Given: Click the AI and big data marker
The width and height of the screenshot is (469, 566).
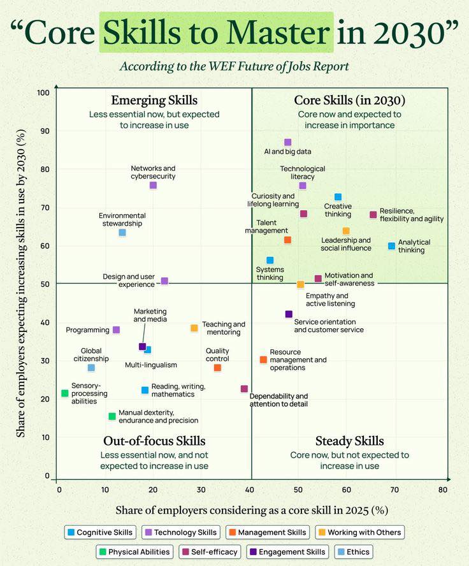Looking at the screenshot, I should (287, 142).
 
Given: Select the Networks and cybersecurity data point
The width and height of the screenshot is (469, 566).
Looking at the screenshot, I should (153, 185).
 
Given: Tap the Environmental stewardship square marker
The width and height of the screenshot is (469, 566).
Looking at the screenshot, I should (122, 233).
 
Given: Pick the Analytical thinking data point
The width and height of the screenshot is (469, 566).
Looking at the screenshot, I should (391, 246).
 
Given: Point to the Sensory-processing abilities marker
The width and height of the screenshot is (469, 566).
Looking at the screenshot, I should (64, 393).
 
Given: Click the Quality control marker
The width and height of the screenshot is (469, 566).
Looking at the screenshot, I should (217, 368).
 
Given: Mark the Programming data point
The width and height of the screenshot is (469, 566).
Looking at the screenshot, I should (116, 330).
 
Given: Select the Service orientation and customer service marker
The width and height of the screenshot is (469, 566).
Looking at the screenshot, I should (289, 314).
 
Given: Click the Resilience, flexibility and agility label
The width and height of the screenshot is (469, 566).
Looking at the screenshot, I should (411, 215).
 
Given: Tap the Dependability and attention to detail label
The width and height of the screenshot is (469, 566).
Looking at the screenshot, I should (278, 400).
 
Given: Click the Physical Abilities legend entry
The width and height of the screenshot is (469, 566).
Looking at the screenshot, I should (133, 552).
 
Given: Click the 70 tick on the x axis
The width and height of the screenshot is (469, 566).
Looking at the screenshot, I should (394, 490).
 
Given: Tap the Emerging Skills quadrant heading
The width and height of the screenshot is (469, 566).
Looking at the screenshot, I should (154, 100).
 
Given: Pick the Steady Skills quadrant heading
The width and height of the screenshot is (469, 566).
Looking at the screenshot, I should (350, 441).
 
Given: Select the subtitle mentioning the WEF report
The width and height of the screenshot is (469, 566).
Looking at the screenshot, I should (234, 66).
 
